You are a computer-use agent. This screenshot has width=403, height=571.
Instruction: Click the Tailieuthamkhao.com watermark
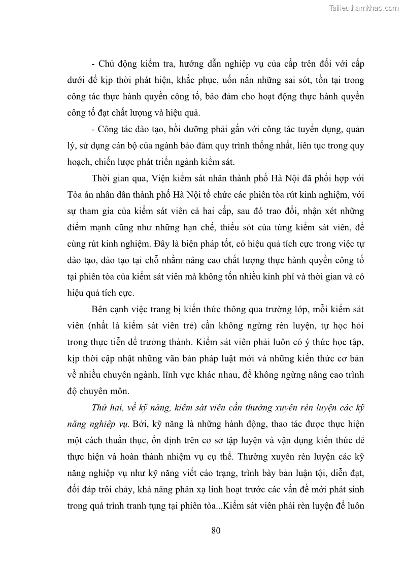point(364,8)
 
